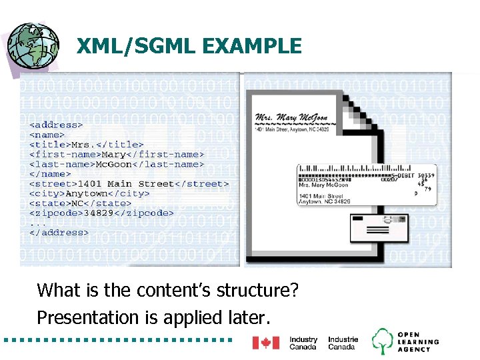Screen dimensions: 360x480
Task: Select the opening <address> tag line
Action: click(x=55, y=124)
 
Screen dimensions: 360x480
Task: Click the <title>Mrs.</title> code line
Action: click(x=86, y=144)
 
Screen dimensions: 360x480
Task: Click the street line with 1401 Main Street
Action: click(x=129, y=184)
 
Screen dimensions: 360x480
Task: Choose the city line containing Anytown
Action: click(x=89, y=193)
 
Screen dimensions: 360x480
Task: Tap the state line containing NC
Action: click(x=80, y=203)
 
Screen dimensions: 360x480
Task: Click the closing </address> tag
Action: click(x=59, y=233)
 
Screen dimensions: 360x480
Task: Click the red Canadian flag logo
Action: click(x=265, y=343)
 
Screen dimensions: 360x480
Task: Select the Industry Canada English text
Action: click(x=303, y=343)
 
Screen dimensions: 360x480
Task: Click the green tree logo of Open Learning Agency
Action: click(x=383, y=341)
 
